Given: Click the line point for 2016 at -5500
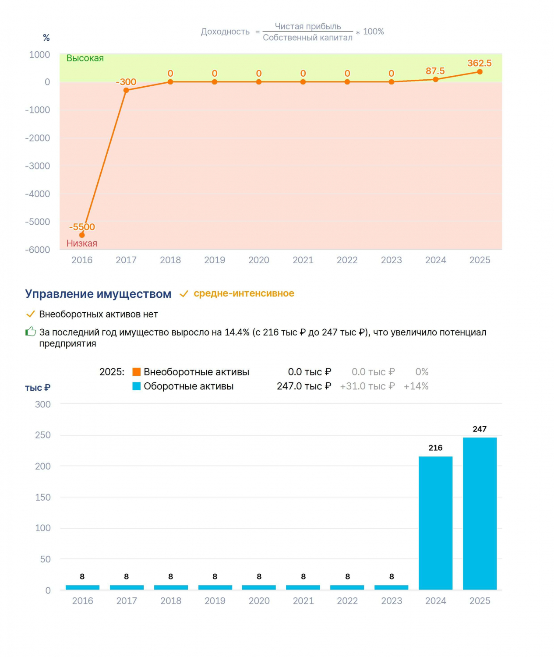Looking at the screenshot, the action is [82, 235].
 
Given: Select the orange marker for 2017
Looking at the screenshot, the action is [126, 90].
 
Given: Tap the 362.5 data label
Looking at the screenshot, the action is [479, 63].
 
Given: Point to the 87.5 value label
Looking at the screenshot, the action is [435, 71].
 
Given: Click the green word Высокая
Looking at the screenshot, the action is [85, 58].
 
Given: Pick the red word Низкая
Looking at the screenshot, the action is [82, 243].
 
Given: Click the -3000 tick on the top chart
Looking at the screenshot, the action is [37, 166].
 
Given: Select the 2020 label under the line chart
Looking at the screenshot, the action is [258, 260].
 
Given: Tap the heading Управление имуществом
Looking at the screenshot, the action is [98, 293].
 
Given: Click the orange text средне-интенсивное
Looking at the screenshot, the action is [244, 293].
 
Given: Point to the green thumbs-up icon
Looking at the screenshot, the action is [31, 332].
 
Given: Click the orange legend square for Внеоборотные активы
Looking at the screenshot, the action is [136, 371].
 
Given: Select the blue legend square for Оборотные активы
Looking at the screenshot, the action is [136, 386].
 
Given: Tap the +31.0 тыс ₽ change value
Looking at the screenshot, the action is [367, 386].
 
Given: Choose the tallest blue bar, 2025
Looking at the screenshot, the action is [480, 513].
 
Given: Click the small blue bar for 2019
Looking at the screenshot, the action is [215, 587].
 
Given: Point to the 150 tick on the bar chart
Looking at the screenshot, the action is [43, 497].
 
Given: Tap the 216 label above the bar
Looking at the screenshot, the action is [435, 448].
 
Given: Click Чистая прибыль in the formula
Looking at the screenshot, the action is [308, 26].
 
